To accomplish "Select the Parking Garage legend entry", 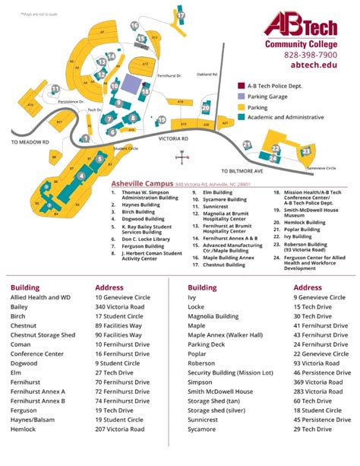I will (x=270, y=97).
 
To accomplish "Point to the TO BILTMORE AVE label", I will (x=242, y=172).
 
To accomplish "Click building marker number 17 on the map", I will (x=181, y=14).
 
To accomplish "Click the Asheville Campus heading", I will (x=142, y=184).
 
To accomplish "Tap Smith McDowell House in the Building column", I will (x=219, y=390).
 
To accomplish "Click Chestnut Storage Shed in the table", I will (x=43, y=334).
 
